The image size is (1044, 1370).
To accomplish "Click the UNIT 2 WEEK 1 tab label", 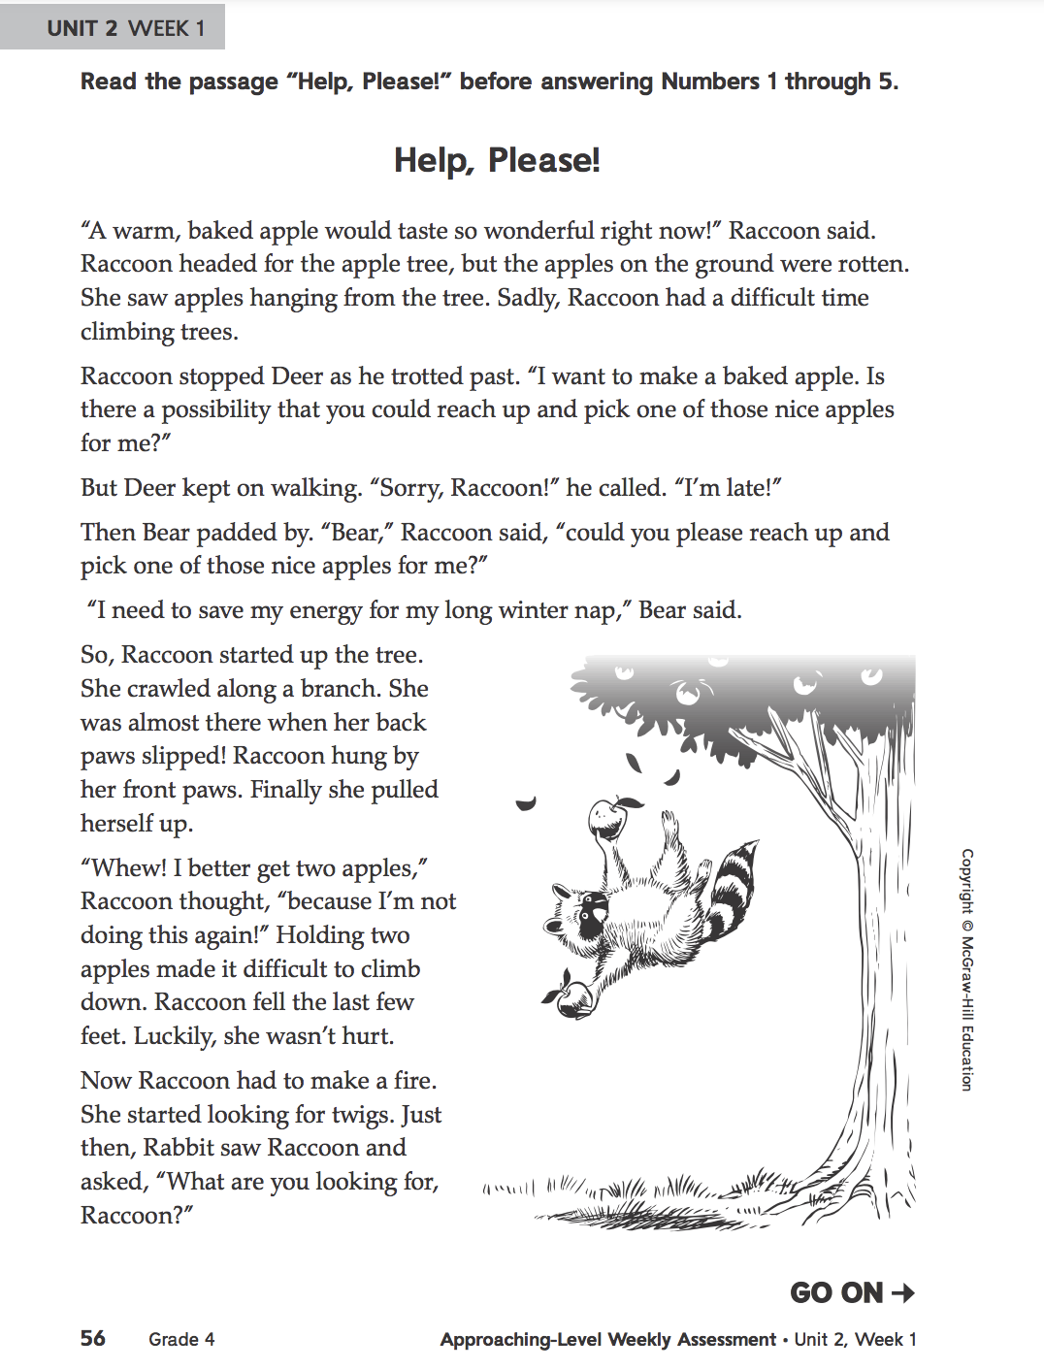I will pyautogui.click(x=126, y=28).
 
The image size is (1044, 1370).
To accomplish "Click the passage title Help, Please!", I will pyautogui.click(x=497, y=160).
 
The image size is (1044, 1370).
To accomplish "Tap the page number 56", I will pyautogui.click(x=93, y=1338).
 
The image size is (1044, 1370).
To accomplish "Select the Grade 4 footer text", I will pyautogui.click(x=181, y=1339).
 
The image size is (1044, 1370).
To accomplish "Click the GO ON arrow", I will pyautogui.click(x=902, y=1292).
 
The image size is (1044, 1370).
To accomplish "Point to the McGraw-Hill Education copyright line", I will pyautogui.click(x=966, y=969).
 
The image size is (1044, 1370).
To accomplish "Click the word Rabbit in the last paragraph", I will pyautogui.click(x=179, y=1148).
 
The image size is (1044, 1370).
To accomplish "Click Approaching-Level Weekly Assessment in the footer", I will pyautogui.click(x=607, y=1339).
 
